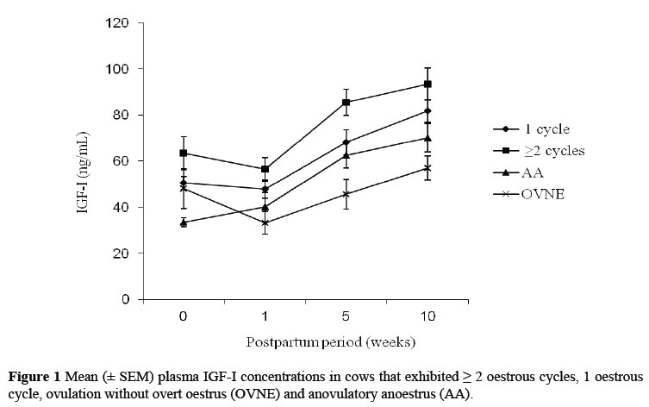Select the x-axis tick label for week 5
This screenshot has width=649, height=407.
pyautogui.click(x=346, y=316)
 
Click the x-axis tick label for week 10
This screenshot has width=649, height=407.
pyautogui.click(x=427, y=316)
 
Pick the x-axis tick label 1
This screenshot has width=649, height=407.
pyautogui.click(x=265, y=316)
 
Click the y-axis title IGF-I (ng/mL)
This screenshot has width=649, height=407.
pyautogui.click(x=85, y=161)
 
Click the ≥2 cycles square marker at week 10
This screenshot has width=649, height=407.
pyautogui.click(x=427, y=84)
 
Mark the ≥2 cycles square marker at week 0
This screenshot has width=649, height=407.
pyautogui.click(x=183, y=153)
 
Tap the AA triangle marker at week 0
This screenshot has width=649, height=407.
pyautogui.click(x=183, y=222)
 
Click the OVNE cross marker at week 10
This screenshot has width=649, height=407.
pyautogui.click(x=427, y=168)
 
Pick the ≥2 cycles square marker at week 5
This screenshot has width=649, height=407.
pyautogui.click(x=346, y=102)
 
